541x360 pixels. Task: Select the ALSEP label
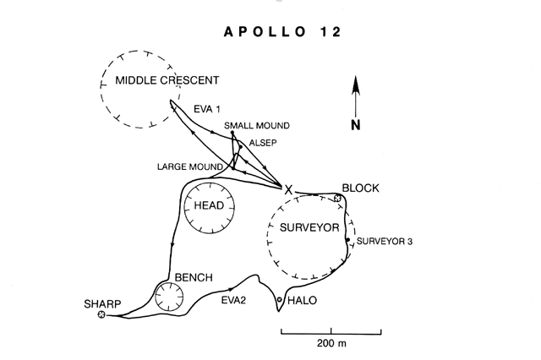(263, 143)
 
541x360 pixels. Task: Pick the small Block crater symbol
(337, 199)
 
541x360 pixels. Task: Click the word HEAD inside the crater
(209, 206)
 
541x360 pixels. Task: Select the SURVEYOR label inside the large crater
(310, 228)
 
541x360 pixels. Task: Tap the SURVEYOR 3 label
(385, 242)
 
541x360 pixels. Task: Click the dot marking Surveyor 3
(347, 240)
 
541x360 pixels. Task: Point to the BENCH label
(194, 278)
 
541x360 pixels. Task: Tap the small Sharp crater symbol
(102, 315)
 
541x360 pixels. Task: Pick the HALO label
(302, 300)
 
